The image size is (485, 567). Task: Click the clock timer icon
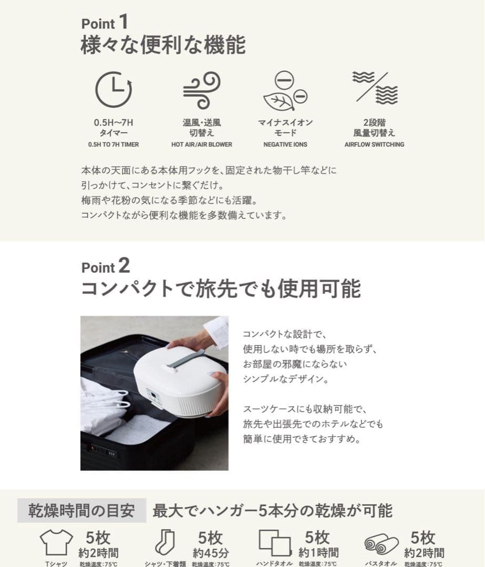(x=113, y=90)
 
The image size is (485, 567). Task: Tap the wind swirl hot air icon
(x=201, y=90)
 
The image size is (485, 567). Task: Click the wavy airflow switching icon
(x=375, y=88)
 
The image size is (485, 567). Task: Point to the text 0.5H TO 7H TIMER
(x=113, y=144)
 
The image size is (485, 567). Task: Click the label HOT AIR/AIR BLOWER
(x=201, y=144)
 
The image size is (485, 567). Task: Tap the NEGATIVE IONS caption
(x=285, y=144)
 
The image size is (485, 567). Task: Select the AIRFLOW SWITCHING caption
(x=374, y=144)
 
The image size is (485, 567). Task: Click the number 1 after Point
(x=123, y=22)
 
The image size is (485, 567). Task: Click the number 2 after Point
(x=123, y=266)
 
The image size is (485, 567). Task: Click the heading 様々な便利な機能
(x=163, y=46)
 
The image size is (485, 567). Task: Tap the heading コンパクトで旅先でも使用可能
(x=221, y=289)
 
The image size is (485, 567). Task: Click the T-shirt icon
(x=56, y=542)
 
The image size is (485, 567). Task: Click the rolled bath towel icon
(x=381, y=544)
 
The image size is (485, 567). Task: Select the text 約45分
(x=210, y=552)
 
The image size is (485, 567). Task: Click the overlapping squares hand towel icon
(x=274, y=543)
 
